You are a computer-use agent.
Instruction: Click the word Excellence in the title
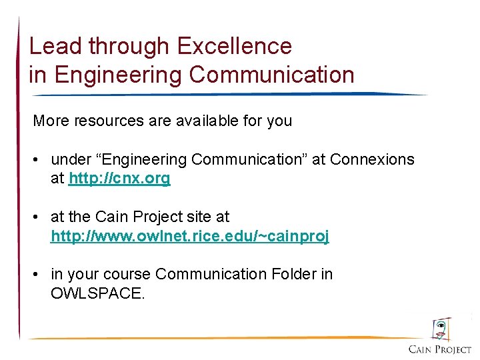point(234,46)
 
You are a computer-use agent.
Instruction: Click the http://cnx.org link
point(119,179)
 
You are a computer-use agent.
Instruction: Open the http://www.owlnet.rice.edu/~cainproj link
point(190,236)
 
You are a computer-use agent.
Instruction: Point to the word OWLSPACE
point(97,293)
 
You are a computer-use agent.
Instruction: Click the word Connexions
point(372,160)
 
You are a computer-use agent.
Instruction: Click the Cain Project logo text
point(440,349)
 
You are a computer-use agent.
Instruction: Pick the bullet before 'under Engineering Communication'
point(38,160)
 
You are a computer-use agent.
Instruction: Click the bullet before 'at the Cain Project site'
point(38,217)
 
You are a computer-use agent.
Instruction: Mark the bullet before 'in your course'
point(38,275)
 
